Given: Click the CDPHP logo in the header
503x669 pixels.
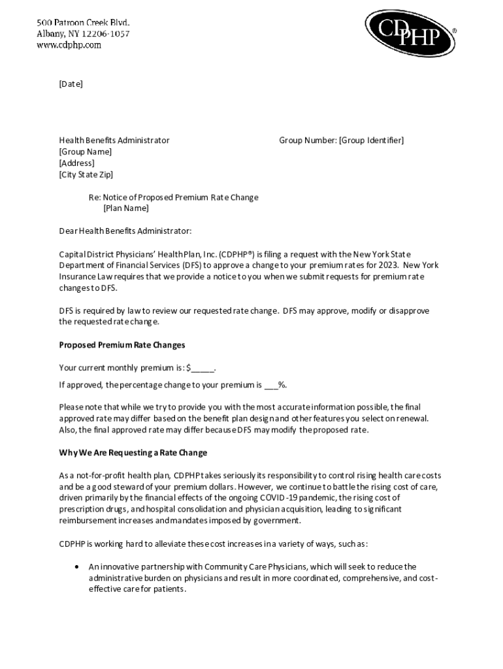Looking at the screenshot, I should click(409, 33).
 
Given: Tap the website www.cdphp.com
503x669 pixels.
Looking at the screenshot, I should click(69, 45).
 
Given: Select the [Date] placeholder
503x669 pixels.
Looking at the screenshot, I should click(71, 84).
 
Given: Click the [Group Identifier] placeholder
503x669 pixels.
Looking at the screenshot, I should click(371, 140).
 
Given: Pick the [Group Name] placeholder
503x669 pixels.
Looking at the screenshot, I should click(85, 152).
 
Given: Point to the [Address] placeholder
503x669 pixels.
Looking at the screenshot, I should click(76, 163).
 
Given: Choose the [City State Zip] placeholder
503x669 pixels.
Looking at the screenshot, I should click(86, 174).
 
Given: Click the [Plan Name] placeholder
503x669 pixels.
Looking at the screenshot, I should click(126, 208).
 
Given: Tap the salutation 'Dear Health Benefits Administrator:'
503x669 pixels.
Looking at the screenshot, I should click(125, 231).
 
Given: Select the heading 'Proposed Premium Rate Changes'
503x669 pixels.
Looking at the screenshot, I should click(122, 345).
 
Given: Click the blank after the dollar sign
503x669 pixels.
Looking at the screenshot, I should click(203, 368).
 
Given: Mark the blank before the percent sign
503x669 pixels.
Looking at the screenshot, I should click(270, 385).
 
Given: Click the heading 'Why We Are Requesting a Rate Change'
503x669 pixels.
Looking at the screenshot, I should click(133, 453).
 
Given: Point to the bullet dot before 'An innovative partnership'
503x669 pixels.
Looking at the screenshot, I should click(77, 566).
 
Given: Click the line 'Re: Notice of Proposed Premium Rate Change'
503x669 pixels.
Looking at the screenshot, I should click(174, 197).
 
